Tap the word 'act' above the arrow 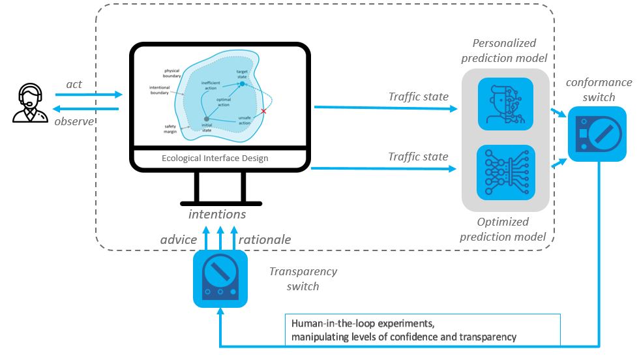(x=74, y=84)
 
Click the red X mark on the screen (x=264, y=112)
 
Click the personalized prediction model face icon (x=505, y=104)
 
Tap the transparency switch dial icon (x=220, y=280)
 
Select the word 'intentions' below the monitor (x=217, y=213)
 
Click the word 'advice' (x=179, y=239)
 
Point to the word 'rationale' (x=264, y=239)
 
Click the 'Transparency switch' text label (x=303, y=278)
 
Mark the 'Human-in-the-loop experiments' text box (x=421, y=330)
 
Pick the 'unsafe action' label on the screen (x=245, y=120)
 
